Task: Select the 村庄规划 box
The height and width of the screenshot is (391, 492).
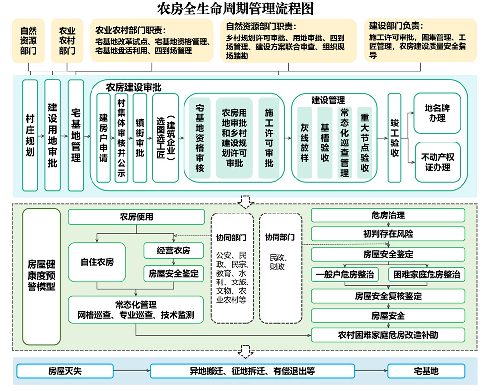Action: tap(30, 135)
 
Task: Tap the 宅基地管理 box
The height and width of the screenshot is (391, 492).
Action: tap(76, 135)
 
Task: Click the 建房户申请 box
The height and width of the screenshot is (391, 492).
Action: tap(103, 138)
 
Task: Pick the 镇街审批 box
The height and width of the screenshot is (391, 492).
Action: tap(140, 138)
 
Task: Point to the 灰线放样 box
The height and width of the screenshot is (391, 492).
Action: tap(305, 142)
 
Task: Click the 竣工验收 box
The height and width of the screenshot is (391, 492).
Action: tap(395, 138)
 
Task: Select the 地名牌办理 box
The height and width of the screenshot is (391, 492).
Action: tap(437, 113)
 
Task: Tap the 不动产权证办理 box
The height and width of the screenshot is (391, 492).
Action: tap(437, 162)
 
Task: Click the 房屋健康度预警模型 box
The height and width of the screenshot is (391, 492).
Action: tap(41, 276)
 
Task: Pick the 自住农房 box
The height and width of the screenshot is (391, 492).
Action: tap(97, 262)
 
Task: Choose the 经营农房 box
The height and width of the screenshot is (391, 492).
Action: tap(173, 250)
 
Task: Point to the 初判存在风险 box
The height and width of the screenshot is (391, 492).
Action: tap(388, 234)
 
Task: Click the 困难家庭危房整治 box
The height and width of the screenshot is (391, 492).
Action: tap(426, 274)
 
